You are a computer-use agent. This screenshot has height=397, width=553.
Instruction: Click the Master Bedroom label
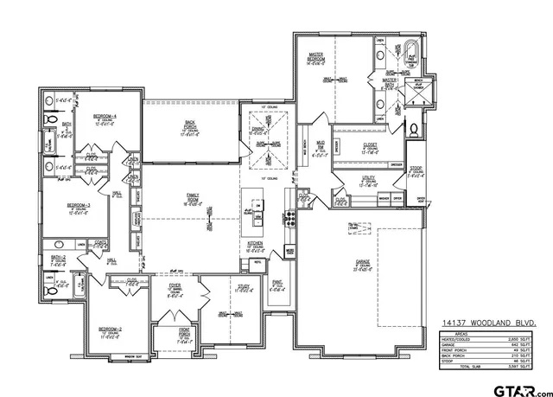coord(317,58)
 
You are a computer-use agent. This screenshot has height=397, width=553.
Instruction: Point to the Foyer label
coord(175,289)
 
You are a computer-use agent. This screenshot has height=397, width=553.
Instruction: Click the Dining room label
coord(257,130)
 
